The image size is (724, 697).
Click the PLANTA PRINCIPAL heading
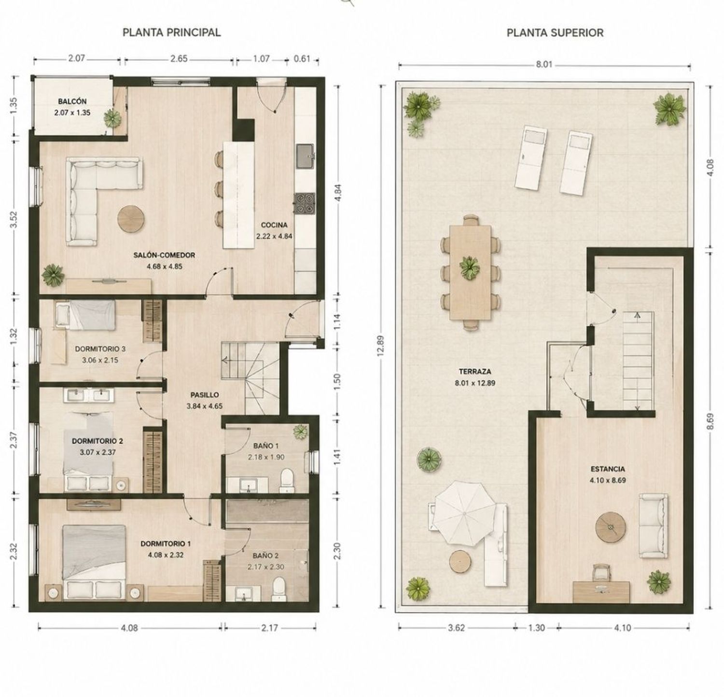pos(171,32)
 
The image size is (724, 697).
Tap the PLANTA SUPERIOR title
pos(555,33)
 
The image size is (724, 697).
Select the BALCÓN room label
pos(72,101)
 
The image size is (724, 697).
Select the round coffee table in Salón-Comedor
pos(131,219)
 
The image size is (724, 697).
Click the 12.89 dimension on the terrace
pos(381,345)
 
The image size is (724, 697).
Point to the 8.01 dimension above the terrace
pos(543,65)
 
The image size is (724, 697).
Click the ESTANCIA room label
pos(608,469)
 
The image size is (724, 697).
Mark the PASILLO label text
pos(205,395)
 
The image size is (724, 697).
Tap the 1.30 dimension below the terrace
pos(536,628)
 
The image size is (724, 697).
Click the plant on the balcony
pos(112,117)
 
